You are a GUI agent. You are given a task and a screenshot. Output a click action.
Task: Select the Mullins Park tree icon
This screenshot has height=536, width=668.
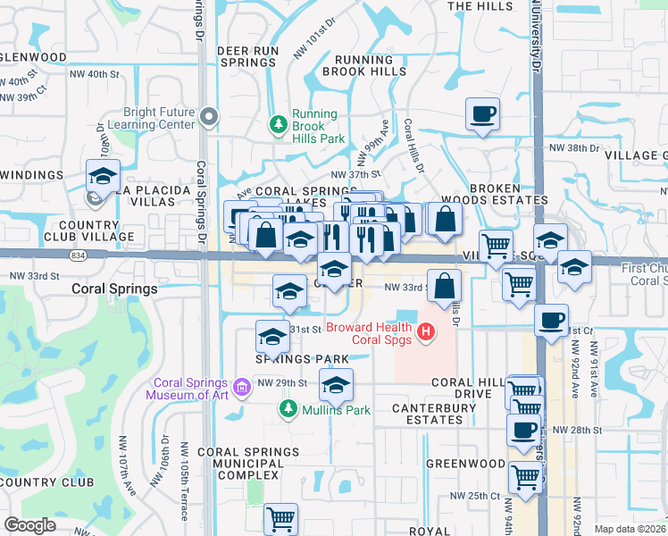click(288, 409)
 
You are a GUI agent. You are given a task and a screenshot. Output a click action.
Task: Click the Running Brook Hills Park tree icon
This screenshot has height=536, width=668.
click(279, 124)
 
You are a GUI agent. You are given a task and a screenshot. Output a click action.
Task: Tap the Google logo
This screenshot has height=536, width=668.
click(29, 525)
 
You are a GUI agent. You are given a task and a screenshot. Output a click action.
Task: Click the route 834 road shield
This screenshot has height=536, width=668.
click(79, 255)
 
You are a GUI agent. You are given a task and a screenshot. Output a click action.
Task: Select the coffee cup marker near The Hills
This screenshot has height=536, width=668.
click(482, 114)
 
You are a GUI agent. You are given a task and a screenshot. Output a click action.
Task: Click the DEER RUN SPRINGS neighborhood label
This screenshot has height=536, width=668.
click(247, 56)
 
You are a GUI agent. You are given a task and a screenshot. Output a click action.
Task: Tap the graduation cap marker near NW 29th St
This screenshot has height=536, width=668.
click(336, 385)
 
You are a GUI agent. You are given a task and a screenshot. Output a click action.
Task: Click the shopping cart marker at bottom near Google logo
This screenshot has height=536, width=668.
click(281, 517)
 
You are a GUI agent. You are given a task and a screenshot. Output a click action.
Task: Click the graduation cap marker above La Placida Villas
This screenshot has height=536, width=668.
click(103, 175)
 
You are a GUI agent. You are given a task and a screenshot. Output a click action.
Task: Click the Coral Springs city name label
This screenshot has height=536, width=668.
click(114, 289)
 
